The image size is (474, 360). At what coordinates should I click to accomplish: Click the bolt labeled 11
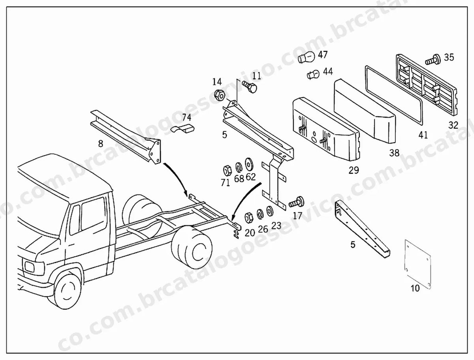pos(250,86)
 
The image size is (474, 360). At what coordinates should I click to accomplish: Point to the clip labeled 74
pos(183,129)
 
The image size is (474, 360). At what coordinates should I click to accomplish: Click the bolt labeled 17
pos(297,202)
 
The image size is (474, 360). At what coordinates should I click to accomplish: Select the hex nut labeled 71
pos(227,171)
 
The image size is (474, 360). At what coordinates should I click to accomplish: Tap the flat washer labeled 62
pos(249,164)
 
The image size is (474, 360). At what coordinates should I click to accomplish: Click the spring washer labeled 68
pos(239,167)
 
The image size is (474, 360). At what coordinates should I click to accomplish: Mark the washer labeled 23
pos(269,211)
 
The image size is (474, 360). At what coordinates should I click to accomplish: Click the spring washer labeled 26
pos(260,214)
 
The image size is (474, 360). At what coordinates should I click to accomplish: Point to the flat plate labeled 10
pos(417,264)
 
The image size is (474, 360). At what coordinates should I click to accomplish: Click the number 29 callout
pos(354,171)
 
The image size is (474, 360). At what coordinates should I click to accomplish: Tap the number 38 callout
pos(394,153)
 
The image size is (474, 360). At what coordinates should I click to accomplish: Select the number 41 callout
pos(423,135)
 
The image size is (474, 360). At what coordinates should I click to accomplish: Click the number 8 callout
pos(101,144)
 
